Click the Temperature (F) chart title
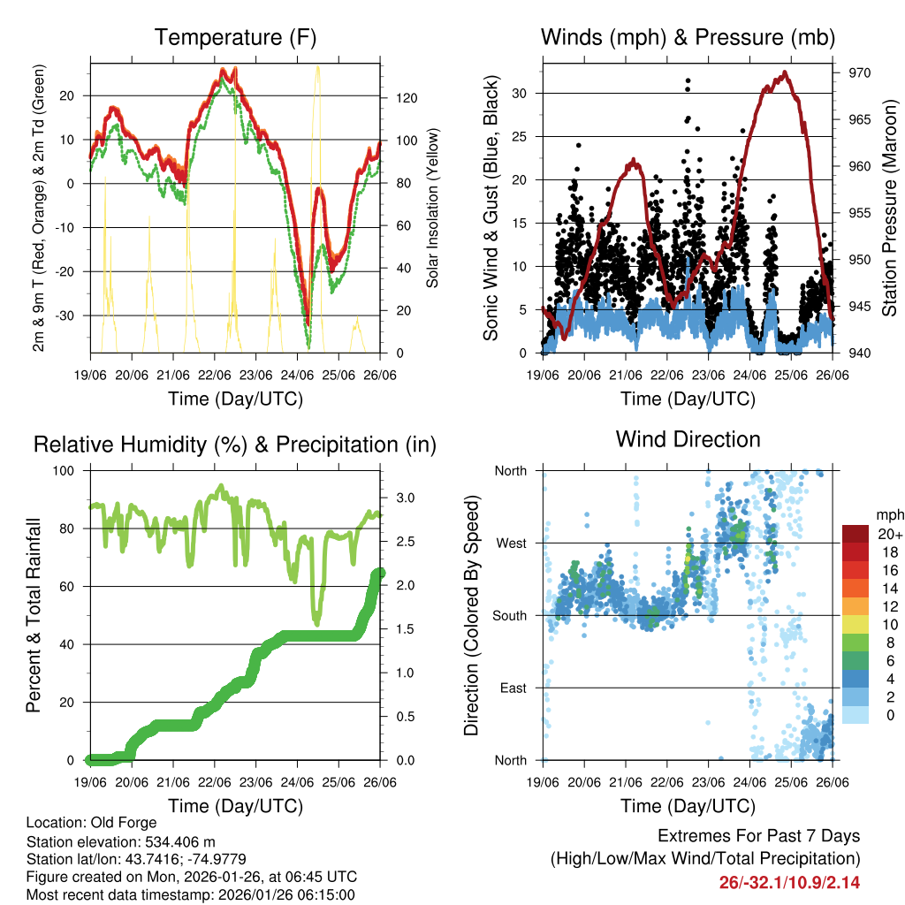pos(235,38)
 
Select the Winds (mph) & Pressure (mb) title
pos(688,38)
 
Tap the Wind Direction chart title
pos(688,438)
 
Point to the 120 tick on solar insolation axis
pos(398,98)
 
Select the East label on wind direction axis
pos(513,688)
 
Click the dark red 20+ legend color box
pos(856,534)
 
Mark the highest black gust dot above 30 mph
pos(688,80)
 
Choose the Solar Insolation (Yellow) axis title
pos(433,208)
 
